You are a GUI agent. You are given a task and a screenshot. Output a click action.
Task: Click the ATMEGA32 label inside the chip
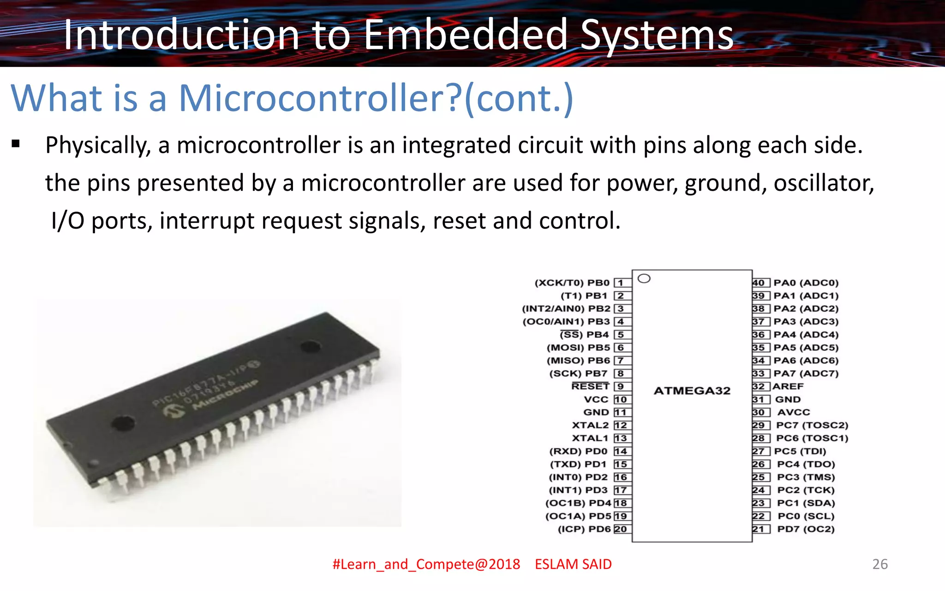(692, 391)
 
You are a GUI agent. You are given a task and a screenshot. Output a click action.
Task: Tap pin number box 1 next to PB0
(622, 283)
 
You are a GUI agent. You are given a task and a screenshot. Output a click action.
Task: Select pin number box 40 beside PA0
(760, 283)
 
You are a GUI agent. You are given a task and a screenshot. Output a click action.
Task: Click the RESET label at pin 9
(590, 386)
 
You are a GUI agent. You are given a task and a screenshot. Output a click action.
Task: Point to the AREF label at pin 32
(789, 386)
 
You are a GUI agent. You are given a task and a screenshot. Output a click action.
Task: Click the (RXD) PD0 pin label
(578, 451)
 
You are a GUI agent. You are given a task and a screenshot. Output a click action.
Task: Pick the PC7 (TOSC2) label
(812, 425)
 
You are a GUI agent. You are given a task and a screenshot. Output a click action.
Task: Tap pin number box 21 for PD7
(760, 529)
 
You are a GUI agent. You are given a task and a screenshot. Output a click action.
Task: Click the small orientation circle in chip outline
(644, 278)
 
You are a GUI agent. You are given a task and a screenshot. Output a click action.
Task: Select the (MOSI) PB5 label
(578, 347)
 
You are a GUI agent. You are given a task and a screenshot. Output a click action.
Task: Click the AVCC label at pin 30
(794, 412)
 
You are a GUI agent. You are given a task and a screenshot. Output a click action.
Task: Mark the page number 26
(880, 564)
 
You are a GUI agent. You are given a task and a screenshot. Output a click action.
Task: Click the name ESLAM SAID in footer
(573, 564)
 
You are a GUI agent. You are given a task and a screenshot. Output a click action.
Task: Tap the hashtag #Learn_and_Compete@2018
(426, 564)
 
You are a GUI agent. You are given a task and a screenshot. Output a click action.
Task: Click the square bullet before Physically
(16, 144)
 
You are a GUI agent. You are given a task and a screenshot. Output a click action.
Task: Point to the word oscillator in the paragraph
(824, 183)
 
